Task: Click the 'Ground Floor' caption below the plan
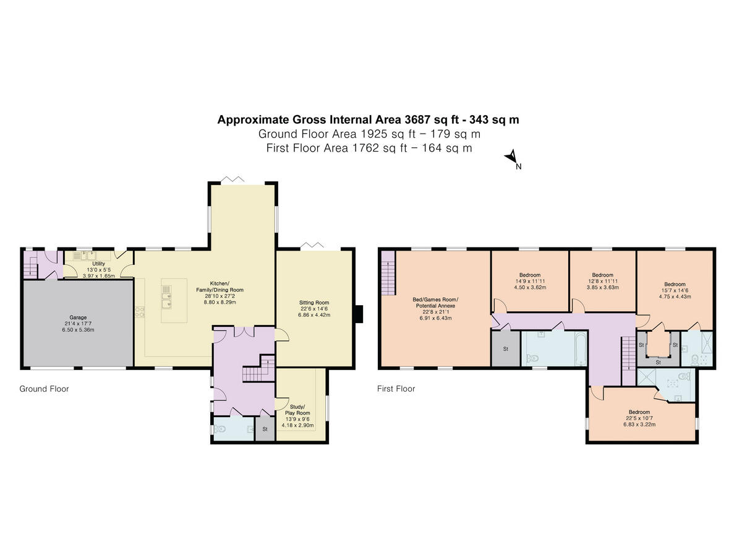[x=44, y=389]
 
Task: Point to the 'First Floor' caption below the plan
[x=396, y=389]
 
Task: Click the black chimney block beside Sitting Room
[x=360, y=314]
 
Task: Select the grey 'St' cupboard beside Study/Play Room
[x=265, y=429]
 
